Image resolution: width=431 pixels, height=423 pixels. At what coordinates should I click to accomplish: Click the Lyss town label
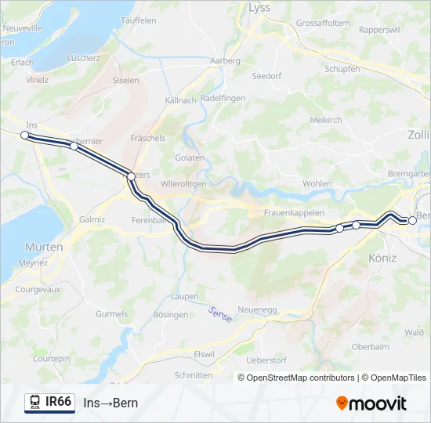point(259,8)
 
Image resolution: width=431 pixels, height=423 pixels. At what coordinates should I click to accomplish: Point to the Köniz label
point(382,258)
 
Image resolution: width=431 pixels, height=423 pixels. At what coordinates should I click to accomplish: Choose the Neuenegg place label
point(257,310)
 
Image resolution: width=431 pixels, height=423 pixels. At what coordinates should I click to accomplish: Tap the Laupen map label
point(185,297)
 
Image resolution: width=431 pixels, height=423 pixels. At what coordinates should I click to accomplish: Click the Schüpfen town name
point(342,69)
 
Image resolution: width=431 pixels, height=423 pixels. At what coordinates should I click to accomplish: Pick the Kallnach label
point(181,101)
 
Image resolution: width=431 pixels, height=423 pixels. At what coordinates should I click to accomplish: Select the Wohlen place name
point(317,183)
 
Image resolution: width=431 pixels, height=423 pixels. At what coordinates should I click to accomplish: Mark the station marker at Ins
point(24,135)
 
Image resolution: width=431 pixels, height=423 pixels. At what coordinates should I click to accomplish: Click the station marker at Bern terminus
point(412,221)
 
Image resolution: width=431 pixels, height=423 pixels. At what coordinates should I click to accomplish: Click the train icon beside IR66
point(35,402)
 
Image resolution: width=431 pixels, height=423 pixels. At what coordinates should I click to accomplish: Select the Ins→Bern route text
point(110,403)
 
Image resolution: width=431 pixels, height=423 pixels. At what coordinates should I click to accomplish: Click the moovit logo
point(371,403)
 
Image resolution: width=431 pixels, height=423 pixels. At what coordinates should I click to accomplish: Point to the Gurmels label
point(111,314)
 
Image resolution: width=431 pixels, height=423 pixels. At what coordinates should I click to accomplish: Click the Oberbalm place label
point(371,346)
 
